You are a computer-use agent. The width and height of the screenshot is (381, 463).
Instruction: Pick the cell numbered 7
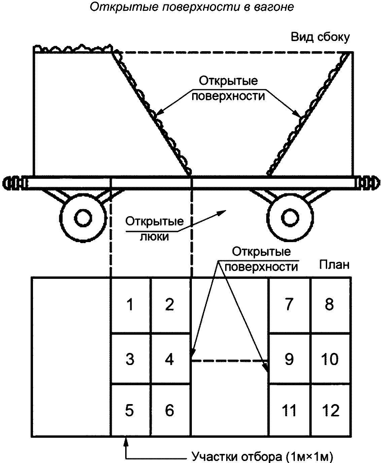coord(289,305)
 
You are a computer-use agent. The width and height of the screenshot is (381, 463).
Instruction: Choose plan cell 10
coord(330,359)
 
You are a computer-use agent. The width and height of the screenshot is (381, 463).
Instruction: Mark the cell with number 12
coord(330,410)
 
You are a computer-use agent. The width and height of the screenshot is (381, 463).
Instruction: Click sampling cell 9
coord(289,359)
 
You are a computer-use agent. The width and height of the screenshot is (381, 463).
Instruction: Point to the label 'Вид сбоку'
coord(320,37)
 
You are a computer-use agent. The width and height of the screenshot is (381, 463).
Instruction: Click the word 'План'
coord(334,265)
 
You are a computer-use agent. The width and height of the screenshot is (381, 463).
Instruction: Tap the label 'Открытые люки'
coord(154,229)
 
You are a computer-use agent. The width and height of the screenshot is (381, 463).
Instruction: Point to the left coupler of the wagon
coord(13,183)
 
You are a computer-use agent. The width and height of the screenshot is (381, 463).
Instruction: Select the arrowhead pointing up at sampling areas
coord(126,440)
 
